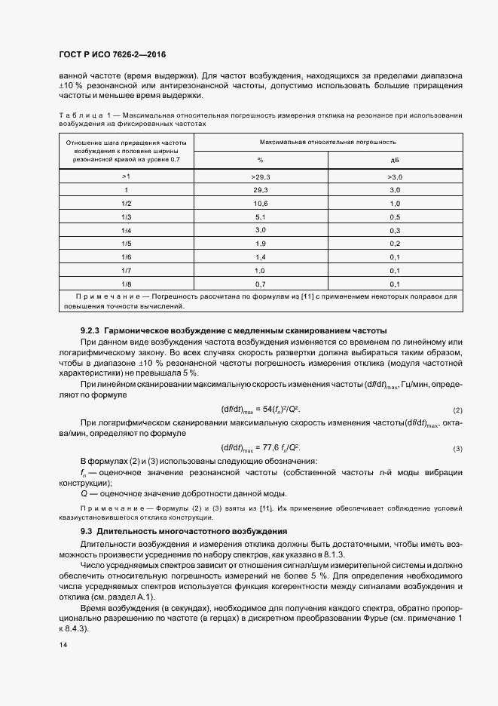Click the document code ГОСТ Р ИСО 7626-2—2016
click(112, 54)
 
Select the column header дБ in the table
click(394, 160)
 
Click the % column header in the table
click(261, 160)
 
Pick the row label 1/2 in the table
click(127, 204)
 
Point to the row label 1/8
click(127, 284)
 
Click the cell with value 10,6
click(261, 204)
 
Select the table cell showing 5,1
click(261, 217)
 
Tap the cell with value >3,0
click(394, 176)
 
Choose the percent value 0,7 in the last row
click(261, 284)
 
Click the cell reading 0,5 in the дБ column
click(394, 217)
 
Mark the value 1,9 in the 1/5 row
click(261, 244)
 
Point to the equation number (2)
click(457, 410)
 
